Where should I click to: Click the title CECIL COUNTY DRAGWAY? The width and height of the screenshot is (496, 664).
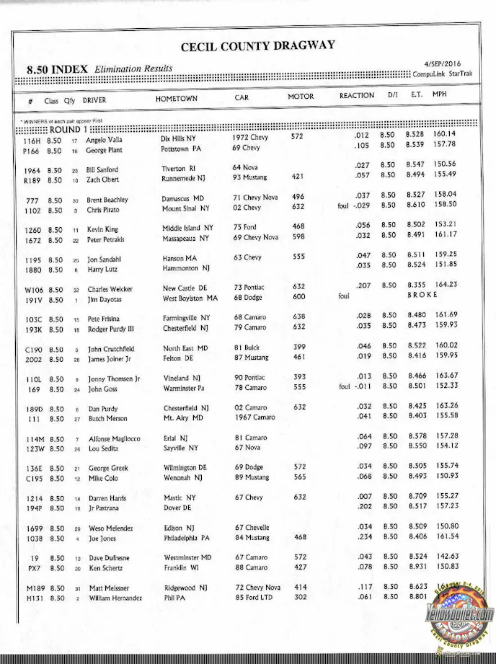click(257, 45)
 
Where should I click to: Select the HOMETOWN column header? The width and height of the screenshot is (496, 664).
click(176, 97)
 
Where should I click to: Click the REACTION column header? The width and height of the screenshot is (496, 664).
click(357, 95)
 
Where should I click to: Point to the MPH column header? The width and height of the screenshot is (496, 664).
click(440, 94)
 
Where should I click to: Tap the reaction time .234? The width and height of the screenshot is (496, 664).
click(363, 536)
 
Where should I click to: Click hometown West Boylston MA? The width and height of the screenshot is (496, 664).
click(190, 298)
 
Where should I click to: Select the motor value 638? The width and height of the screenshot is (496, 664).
click(299, 316)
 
